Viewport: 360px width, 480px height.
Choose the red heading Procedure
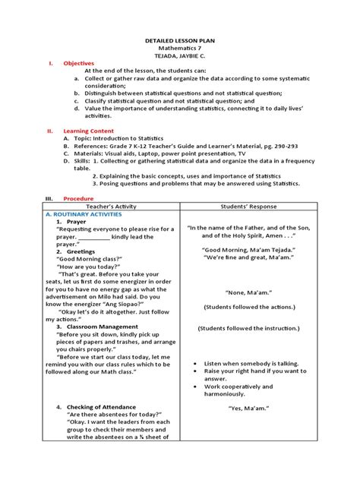pyautogui.click(x=77, y=197)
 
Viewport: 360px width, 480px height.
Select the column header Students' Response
pyautogui.click(x=249, y=206)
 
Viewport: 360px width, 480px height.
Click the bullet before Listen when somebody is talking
pyautogui.click(x=196, y=363)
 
